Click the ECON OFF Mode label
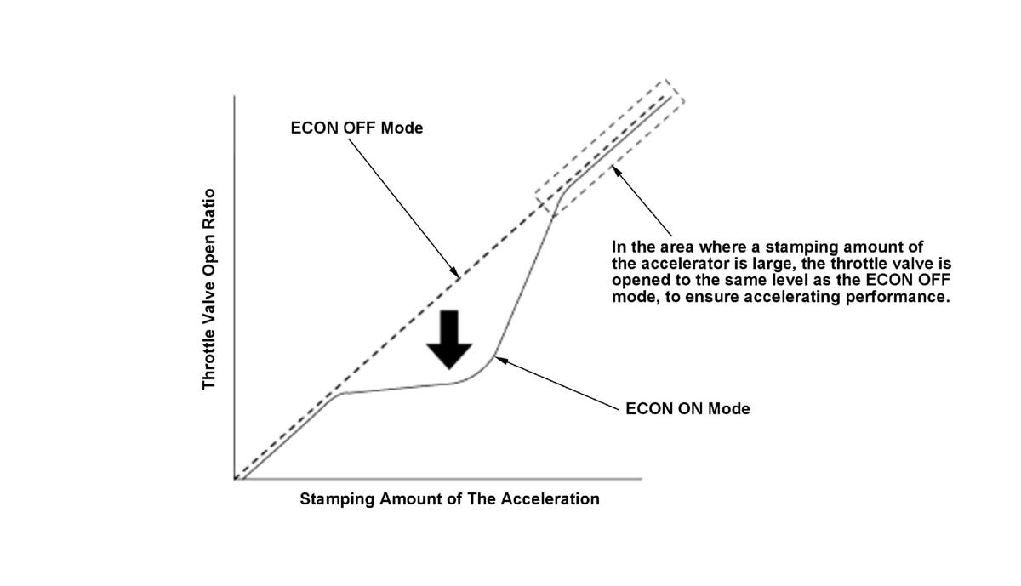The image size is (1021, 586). (356, 128)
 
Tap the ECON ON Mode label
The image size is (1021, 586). (687, 408)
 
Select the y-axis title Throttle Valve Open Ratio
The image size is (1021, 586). (209, 289)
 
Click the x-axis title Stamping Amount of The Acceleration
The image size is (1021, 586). (449, 498)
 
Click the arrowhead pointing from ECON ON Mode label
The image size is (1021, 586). (498, 359)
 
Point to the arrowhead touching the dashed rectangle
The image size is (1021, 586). (615, 170)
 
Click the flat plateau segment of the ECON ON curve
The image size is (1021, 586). (396, 389)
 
